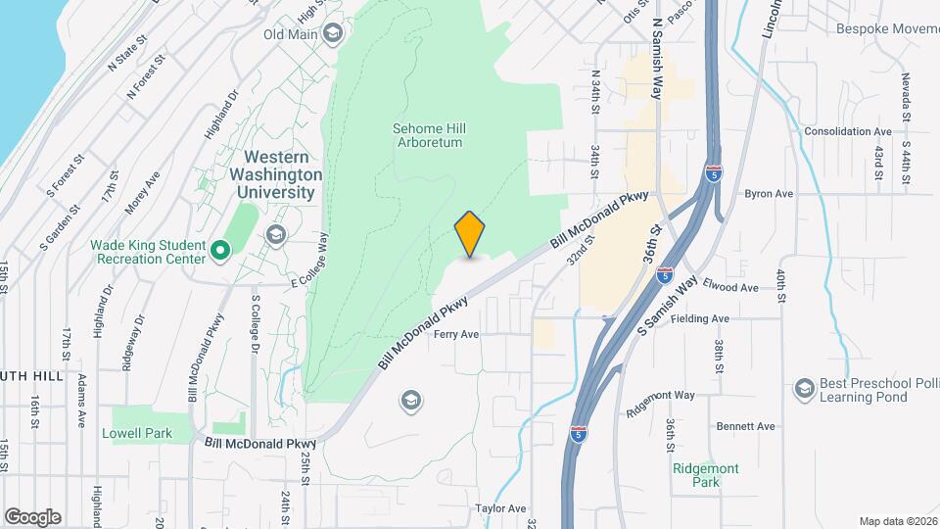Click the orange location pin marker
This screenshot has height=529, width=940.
click(x=470, y=234)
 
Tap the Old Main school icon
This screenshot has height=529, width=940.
click(x=333, y=34)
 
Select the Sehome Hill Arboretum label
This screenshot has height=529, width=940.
click(x=427, y=135)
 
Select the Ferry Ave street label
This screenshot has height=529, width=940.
click(x=456, y=334)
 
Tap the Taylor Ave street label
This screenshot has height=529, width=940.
click(x=500, y=508)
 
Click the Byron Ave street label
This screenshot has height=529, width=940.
click(x=768, y=194)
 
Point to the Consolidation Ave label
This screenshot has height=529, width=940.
click(x=847, y=131)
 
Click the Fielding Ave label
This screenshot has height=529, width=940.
click(x=707, y=318)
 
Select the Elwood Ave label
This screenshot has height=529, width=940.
click(x=735, y=288)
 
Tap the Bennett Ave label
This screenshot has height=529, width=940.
click(x=745, y=426)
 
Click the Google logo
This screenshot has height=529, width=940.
click(x=32, y=516)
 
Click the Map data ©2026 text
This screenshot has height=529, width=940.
click(x=896, y=521)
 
